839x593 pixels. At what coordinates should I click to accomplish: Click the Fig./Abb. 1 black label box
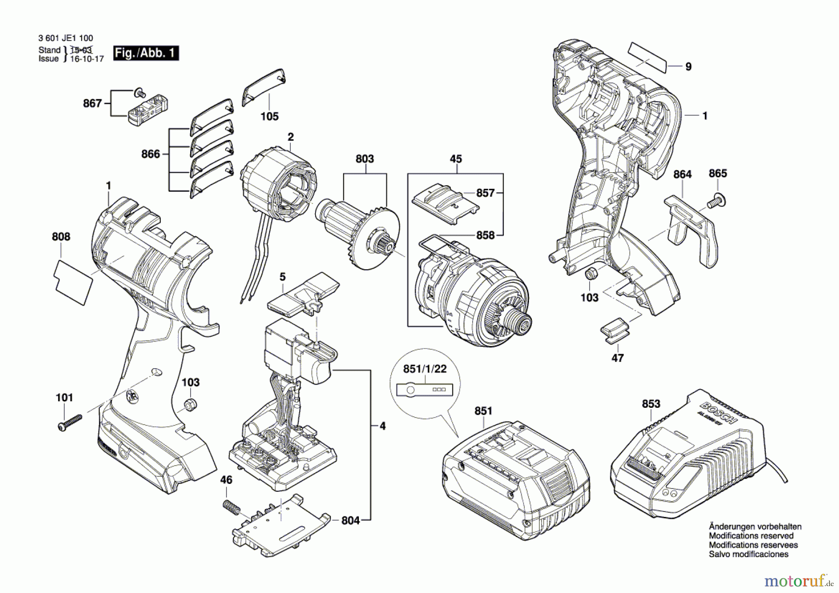[146, 53]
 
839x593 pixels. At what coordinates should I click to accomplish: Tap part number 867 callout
[92, 103]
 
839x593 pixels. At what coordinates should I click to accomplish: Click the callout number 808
[61, 237]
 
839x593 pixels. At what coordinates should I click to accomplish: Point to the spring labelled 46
[231, 507]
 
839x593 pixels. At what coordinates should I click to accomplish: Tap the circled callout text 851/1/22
[425, 369]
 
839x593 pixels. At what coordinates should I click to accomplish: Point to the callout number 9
[688, 67]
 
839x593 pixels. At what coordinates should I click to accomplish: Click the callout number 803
[364, 159]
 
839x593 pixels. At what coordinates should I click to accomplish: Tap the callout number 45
[455, 159]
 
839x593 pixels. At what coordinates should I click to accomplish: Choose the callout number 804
[351, 520]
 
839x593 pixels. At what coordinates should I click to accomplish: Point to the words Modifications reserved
[751, 536]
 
